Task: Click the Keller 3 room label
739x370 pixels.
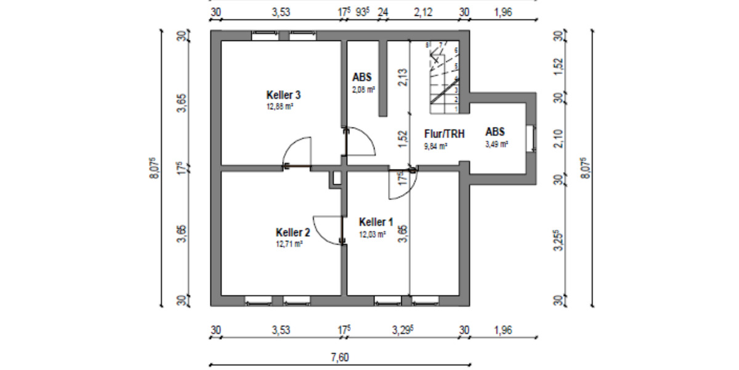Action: [283, 95]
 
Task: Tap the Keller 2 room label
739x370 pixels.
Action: [293, 232]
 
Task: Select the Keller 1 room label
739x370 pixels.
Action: [376, 222]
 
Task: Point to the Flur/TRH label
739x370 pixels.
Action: [444, 133]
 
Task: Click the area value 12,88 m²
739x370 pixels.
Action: [279, 106]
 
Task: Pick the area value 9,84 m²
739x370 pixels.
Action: [435, 146]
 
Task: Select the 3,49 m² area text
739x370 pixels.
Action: [496, 144]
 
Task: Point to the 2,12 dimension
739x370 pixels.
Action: [422, 12]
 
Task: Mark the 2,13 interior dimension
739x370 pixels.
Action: [402, 78]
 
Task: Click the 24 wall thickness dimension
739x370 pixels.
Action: [382, 12]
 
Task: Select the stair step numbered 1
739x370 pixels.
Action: [456, 109]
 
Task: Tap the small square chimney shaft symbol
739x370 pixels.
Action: [336, 178]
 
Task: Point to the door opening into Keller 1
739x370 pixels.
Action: [403, 186]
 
